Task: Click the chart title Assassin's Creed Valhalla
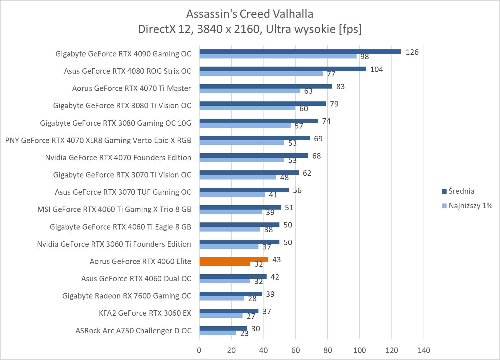[x=250, y=14]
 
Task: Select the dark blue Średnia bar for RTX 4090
[x=300, y=52]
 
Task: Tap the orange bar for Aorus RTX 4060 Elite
[x=233, y=259]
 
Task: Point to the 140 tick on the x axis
[x=424, y=350]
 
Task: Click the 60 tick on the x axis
[x=295, y=350]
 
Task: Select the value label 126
[x=412, y=52]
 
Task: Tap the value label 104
[x=377, y=69]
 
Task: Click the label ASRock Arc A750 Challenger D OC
[x=133, y=331]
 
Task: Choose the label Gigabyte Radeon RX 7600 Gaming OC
[x=127, y=296]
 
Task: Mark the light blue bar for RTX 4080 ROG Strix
[x=261, y=73]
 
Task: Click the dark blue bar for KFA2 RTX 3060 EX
[x=229, y=311]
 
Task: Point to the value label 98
[x=364, y=57]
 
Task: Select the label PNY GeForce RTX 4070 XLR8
[x=98, y=140]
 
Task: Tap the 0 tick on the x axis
[x=199, y=350]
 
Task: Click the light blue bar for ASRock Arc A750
[x=218, y=333]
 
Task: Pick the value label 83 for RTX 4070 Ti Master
[x=340, y=87]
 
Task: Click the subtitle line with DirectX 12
[x=250, y=29]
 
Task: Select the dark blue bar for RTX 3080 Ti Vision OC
[x=263, y=103]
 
